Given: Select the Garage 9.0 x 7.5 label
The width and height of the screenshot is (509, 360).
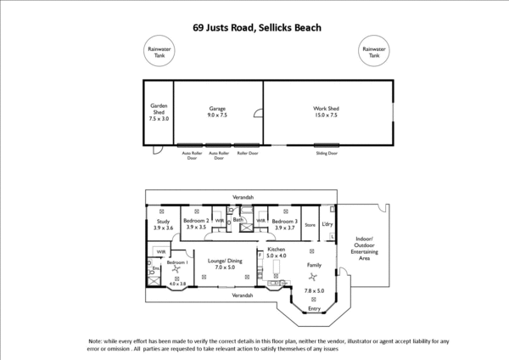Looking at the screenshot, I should click(218, 111).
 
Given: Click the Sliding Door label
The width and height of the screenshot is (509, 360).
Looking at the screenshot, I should click(327, 154).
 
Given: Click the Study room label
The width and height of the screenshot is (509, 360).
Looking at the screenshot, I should click(164, 224).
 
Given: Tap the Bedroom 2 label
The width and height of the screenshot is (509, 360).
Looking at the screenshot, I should click(196, 224).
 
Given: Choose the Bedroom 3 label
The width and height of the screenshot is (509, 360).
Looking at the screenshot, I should click(285, 224).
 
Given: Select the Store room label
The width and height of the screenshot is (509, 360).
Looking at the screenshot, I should click(310, 225).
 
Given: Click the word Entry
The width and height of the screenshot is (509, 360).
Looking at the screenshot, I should click(314, 308).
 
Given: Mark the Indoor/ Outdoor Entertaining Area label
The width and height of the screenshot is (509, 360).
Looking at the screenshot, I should click(365, 249).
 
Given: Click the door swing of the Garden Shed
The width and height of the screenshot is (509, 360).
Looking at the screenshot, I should click(155, 152).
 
